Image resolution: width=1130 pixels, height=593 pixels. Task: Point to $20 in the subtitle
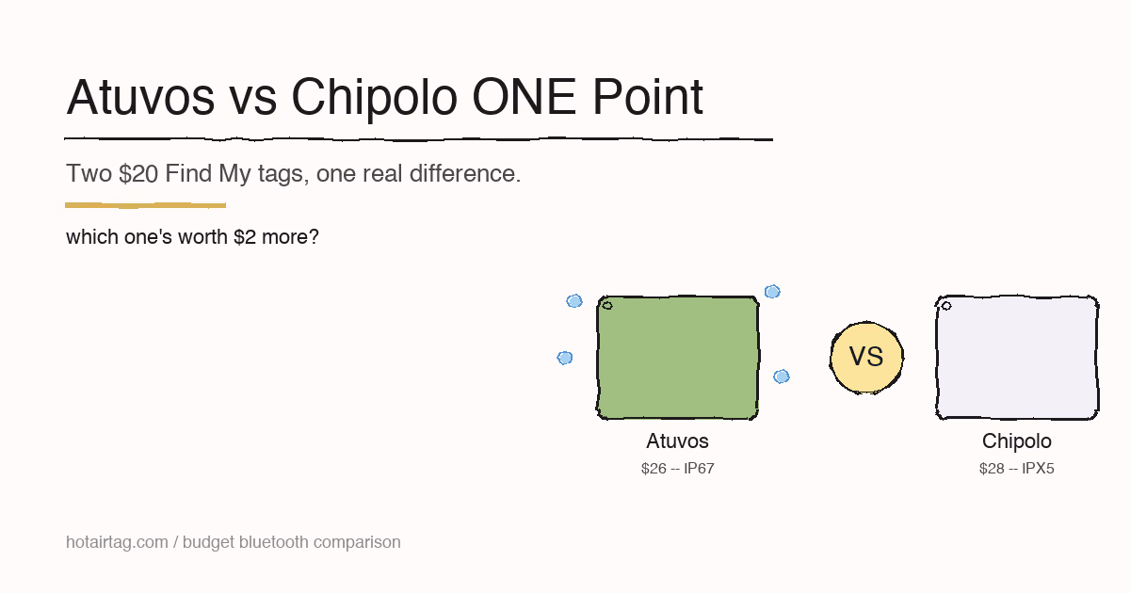pyautogui.click(x=138, y=174)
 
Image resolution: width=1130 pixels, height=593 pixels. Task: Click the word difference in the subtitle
pyautogui.click(x=465, y=174)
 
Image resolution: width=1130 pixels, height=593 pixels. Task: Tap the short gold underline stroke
pyautogui.click(x=145, y=204)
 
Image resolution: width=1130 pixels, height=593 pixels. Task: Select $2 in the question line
pyautogui.click(x=245, y=237)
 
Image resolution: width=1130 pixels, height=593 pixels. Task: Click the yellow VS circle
pyautogui.click(x=866, y=358)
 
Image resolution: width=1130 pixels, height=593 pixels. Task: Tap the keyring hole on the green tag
pyautogui.click(x=607, y=305)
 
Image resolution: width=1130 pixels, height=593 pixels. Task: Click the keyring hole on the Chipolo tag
pyautogui.click(x=946, y=305)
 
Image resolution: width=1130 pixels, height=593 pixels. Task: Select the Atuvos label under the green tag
pyautogui.click(x=677, y=441)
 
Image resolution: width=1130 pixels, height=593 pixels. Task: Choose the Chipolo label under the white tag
pyautogui.click(x=1016, y=441)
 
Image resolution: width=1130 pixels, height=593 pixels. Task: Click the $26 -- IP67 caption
pyautogui.click(x=677, y=469)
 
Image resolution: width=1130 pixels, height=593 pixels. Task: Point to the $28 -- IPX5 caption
pyautogui.click(x=1016, y=469)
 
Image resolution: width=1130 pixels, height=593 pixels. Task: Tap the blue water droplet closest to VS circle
pyautogui.click(x=781, y=377)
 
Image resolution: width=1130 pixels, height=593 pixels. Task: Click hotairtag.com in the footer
pyautogui.click(x=116, y=542)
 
